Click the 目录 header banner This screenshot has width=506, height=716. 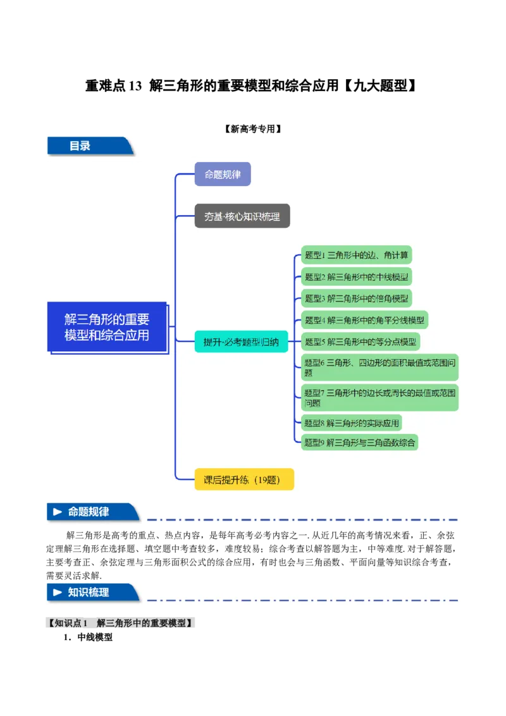click(x=89, y=146)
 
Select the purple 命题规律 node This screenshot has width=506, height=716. click(x=223, y=174)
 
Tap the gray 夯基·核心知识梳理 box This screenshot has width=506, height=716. click(x=242, y=216)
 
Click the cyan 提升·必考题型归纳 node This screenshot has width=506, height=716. click(x=241, y=342)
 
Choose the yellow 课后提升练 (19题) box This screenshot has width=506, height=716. click(x=244, y=479)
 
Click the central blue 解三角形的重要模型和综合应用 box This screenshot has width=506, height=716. click(x=107, y=327)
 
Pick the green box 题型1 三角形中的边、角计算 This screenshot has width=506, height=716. click(x=356, y=256)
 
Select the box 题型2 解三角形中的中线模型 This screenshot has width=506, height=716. click(x=356, y=276)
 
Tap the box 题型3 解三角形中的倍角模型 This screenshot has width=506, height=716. click(x=356, y=298)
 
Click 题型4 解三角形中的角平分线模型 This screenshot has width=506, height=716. click(x=364, y=319)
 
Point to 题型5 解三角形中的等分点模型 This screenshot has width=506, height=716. click(x=360, y=342)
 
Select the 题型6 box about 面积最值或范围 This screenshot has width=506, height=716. click(x=379, y=367)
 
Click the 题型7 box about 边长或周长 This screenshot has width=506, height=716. click(x=379, y=397)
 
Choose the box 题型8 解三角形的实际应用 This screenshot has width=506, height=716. click(x=352, y=423)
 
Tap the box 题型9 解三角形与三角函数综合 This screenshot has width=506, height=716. click(x=359, y=442)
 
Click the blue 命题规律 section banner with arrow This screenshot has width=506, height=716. click(x=92, y=512)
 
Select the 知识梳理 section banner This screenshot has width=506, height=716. click(x=92, y=593)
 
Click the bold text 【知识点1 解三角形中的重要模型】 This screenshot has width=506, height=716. click(x=121, y=623)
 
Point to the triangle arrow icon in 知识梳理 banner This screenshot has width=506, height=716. click(x=58, y=593)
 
